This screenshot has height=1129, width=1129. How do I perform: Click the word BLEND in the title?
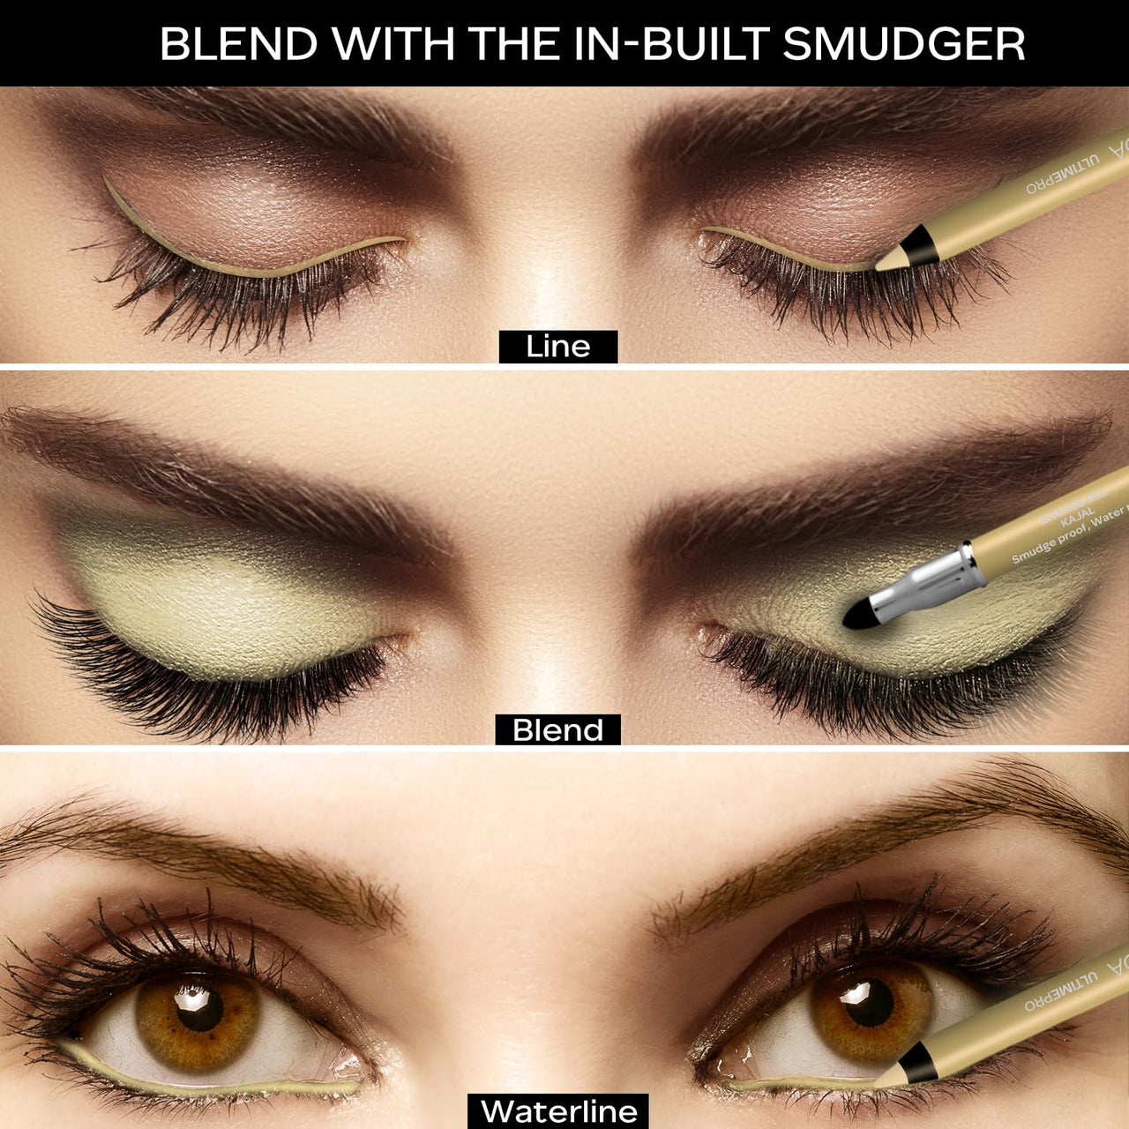pos(238,43)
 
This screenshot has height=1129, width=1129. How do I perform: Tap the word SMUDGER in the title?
pos(903,43)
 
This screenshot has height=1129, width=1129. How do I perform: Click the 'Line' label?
pos(557,346)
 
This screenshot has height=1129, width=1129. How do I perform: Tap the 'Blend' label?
pos(557,730)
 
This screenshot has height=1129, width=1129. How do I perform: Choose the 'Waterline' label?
pos(559,1110)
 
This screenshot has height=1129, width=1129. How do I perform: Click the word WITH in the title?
pos(393,43)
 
